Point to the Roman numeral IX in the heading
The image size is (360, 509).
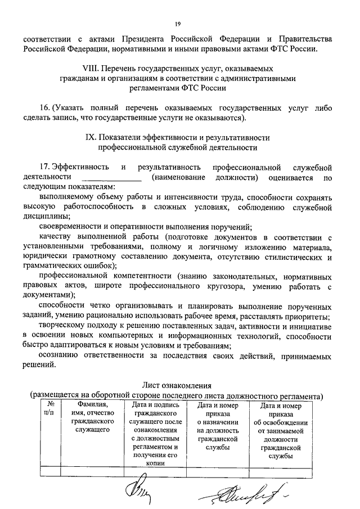tap(105, 137)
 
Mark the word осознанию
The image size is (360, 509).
tap(60, 356)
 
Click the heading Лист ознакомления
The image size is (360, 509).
tap(176, 386)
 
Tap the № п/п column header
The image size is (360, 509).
tap(50, 408)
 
